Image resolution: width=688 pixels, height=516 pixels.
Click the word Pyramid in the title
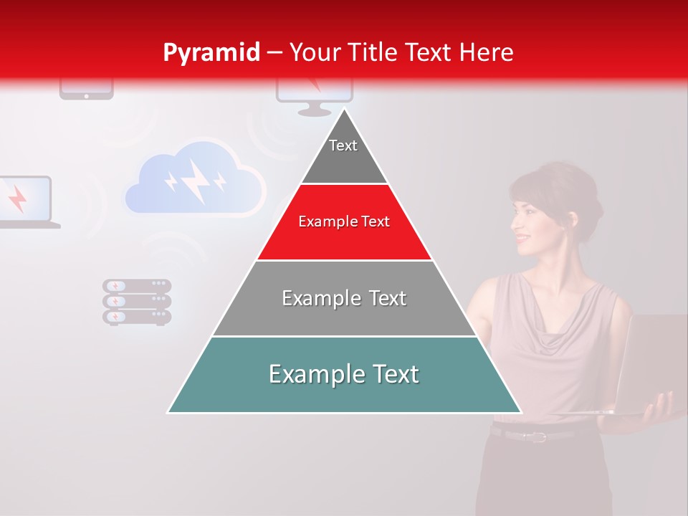(211, 52)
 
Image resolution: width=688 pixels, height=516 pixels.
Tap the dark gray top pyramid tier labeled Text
(344, 154)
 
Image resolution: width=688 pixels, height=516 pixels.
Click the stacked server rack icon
(137, 302)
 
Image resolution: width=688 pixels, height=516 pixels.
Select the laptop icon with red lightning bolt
(25, 201)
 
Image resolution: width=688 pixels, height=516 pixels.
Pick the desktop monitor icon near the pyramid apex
(314, 97)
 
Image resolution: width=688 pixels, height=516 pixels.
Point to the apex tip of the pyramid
(344, 109)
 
